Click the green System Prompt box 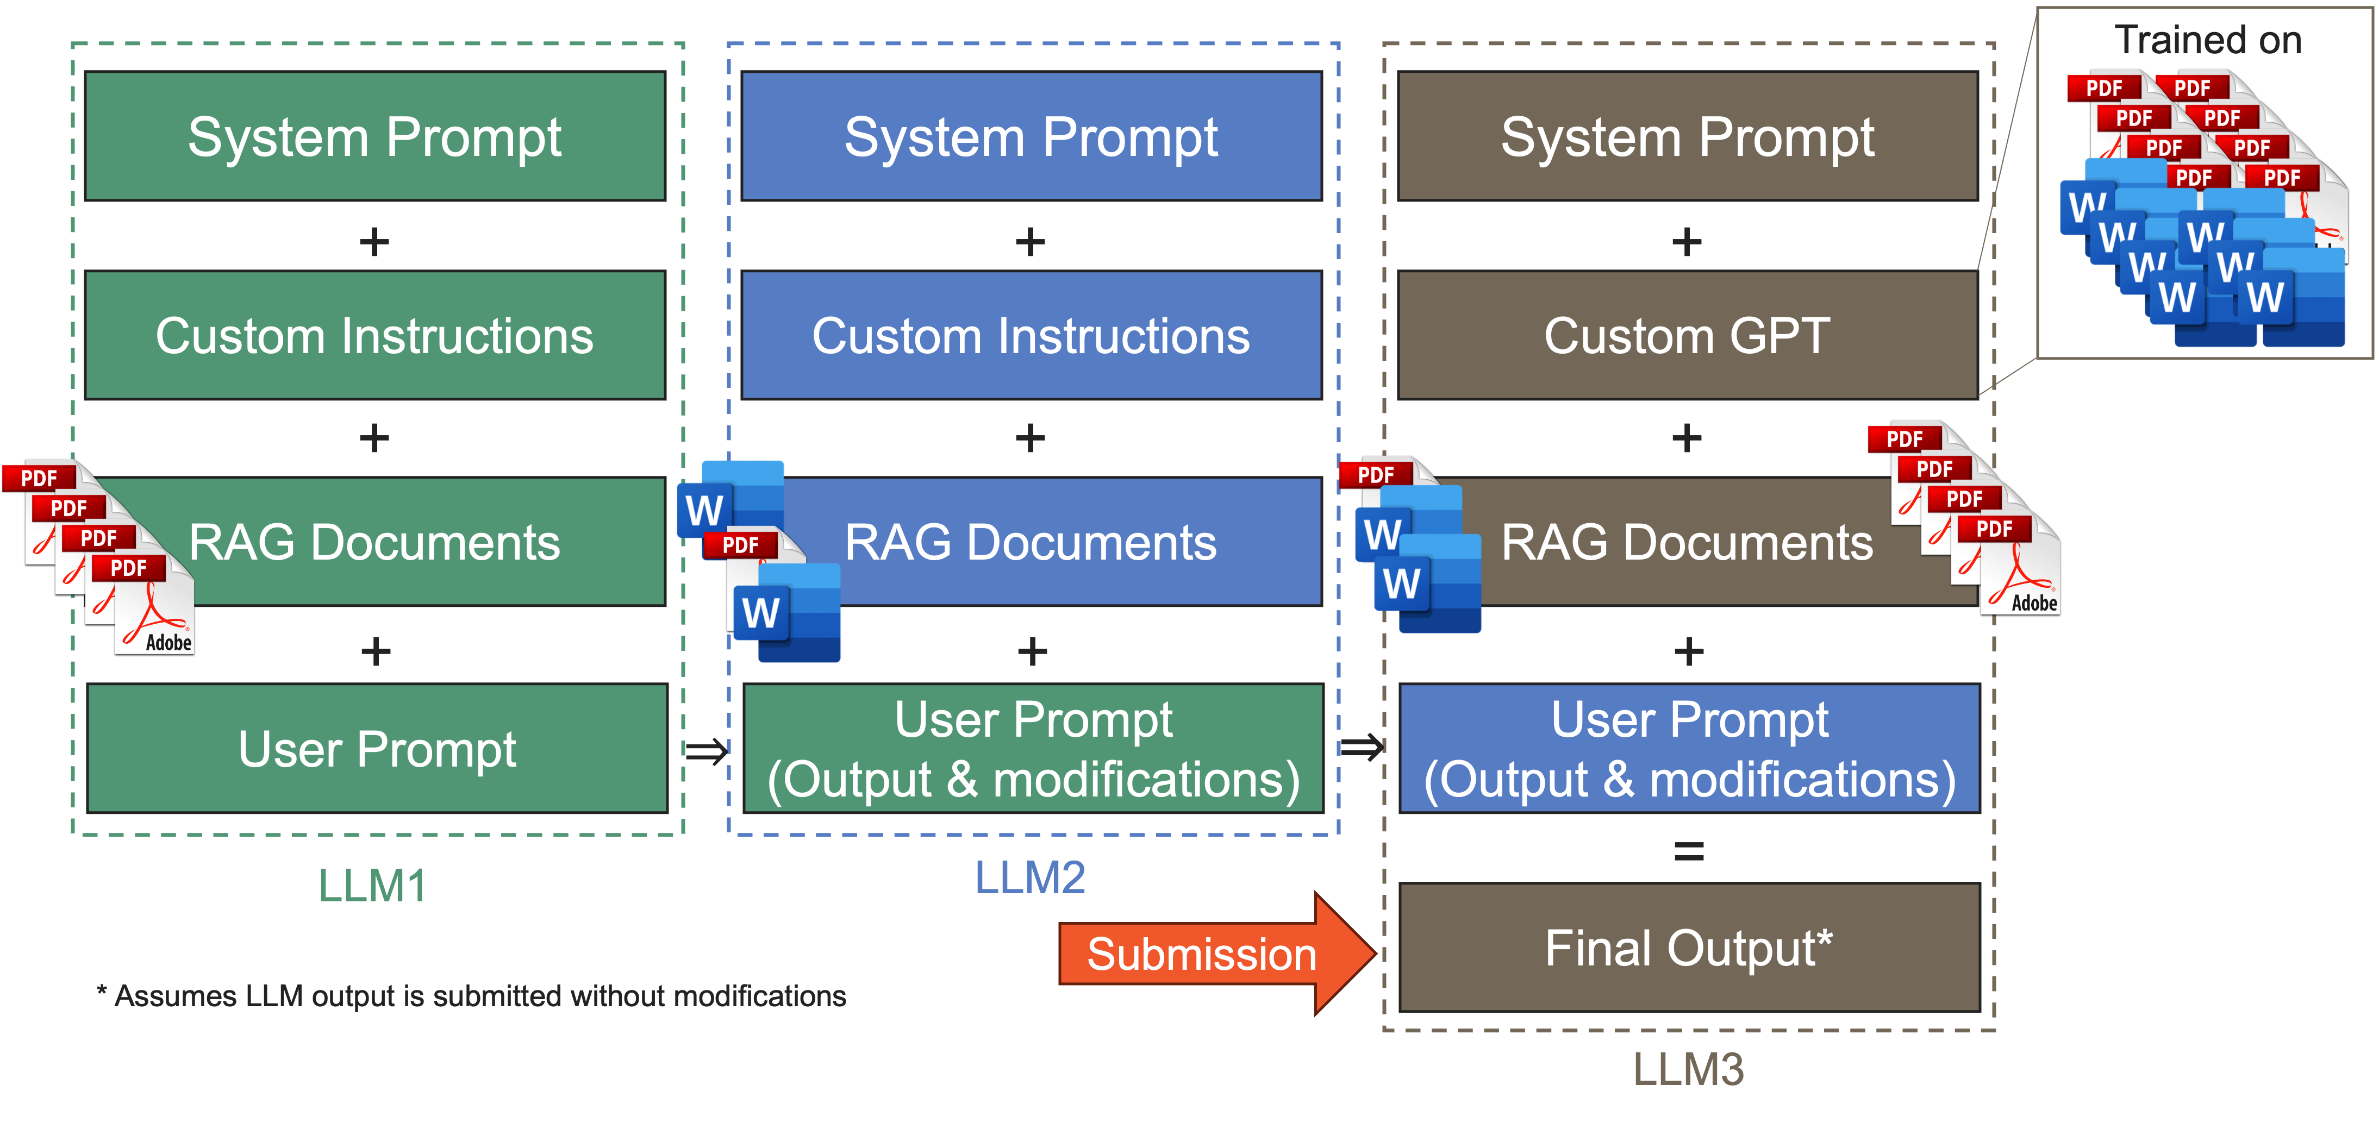pos(375,136)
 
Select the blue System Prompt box pos(1032,136)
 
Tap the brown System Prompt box pos(1688,136)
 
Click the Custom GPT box pos(1688,335)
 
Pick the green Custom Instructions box pos(375,335)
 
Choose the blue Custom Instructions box pos(1032,335)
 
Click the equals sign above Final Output pos(1689,851)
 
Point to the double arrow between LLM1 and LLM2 pos(707,751)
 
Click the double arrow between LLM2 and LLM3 pos(1362,746)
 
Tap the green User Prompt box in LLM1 pos(377,748)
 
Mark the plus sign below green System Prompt pos(374,242)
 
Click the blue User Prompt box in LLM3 pos(1690,748)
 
